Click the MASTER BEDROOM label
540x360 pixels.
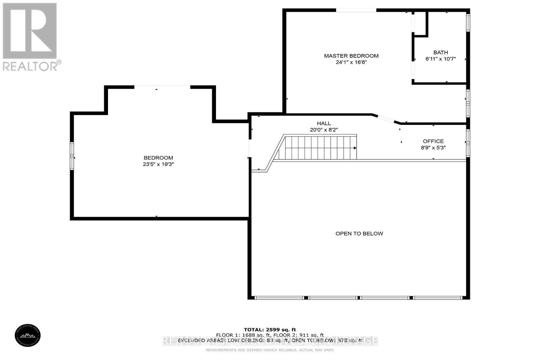[x=351, y=56]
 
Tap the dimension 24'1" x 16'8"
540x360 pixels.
[x=351, y=62]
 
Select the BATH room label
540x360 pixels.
[x=440, y=52]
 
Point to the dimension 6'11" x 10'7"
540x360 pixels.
[x=440, y=59]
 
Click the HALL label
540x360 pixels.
[x=324, y=123]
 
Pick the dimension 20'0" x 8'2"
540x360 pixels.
[x=324, y=130]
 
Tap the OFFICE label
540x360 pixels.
[x=433, y=141]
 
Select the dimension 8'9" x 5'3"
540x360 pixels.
[x=433, y=148]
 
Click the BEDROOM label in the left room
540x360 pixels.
[x=158, y=158]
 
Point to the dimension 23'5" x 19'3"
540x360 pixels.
[x=158, y=164]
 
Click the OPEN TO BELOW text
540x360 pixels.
[x=359, y=233]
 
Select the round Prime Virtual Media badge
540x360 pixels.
[x=28, y=335]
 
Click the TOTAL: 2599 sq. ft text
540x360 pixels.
[x=270, y=330]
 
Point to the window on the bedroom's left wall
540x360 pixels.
[x=72, y=156]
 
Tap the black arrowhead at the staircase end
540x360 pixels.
[x=355, y=148]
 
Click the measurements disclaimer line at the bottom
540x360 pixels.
[x=270, y=350]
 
